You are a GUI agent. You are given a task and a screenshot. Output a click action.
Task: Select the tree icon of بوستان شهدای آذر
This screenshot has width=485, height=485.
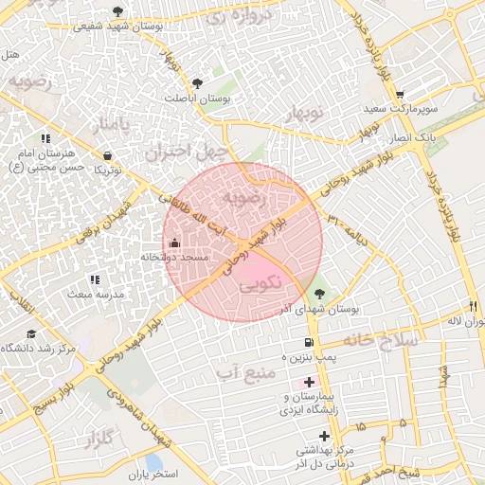point(319,293)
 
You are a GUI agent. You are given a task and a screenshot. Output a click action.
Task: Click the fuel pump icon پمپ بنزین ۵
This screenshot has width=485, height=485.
point(309,343)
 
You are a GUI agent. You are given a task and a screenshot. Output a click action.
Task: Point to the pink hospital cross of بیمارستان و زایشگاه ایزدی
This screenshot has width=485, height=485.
point(309,382)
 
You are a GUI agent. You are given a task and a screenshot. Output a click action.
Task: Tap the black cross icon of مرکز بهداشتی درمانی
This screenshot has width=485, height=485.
point(325,437)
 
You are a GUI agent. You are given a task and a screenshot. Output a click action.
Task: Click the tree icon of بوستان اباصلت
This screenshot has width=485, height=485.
point(197,83)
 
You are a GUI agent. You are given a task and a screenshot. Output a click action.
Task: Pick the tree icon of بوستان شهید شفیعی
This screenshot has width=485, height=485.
point(117,11)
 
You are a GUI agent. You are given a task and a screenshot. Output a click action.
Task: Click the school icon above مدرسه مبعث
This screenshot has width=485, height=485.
point(94,279)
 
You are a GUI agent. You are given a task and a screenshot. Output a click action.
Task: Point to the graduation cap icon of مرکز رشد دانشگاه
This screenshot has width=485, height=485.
point(31,333)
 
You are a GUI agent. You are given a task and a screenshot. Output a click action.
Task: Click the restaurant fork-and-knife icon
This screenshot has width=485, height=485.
point(473,306)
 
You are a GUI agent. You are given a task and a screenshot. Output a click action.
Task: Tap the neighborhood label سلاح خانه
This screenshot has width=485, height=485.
point(380,339)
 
